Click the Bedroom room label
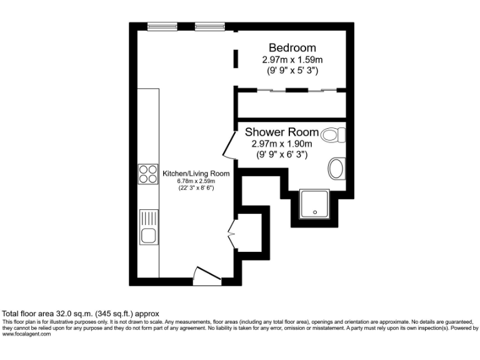292,47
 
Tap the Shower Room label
281,132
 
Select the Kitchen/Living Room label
196,173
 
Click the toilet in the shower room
332,134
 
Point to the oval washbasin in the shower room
336,168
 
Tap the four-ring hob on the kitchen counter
148,173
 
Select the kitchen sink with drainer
149,227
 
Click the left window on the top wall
162,26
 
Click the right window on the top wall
209,26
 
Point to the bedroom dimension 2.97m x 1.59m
292,60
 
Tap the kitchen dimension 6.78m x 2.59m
196,181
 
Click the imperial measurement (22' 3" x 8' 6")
196,188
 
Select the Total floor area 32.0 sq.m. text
81,313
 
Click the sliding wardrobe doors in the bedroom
291,91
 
